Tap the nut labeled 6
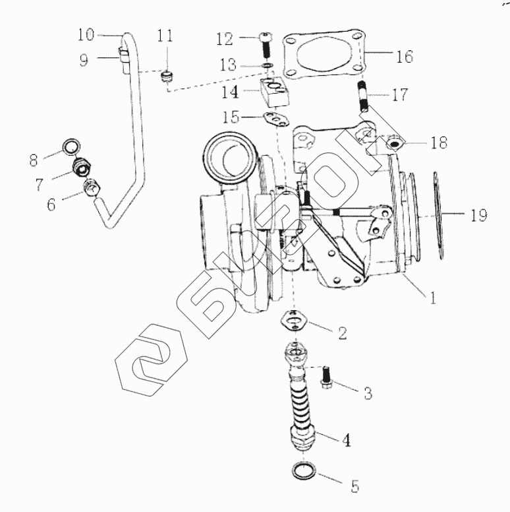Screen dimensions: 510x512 click(91, 190)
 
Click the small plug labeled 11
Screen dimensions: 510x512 click(166, 78)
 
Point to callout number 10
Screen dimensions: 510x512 click(86, 34)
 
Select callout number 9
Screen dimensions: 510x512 click(84, 60)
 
